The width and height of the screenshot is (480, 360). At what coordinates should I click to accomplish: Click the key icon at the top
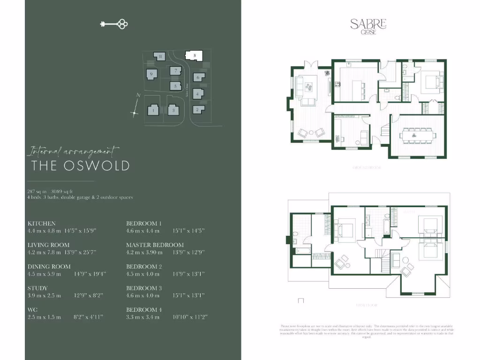click(x=114, y=24)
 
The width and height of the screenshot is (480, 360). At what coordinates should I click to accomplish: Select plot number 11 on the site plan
click(x=160, y=57)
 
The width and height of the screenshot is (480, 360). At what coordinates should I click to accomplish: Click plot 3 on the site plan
click(x=174, y=111)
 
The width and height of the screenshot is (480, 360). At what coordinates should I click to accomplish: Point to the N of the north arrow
click(x=138, y=95)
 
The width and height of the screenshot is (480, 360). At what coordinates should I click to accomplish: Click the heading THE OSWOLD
click(x=80, y=165)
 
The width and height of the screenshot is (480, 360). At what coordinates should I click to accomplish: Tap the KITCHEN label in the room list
click(x=42, y=224)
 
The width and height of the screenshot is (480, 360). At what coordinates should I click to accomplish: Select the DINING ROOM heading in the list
click(x=49, y=266)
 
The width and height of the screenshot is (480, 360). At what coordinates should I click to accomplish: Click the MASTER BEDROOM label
click(x=155, y=245)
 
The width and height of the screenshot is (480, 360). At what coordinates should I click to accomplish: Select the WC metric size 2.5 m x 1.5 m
click(x=45, y=317)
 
